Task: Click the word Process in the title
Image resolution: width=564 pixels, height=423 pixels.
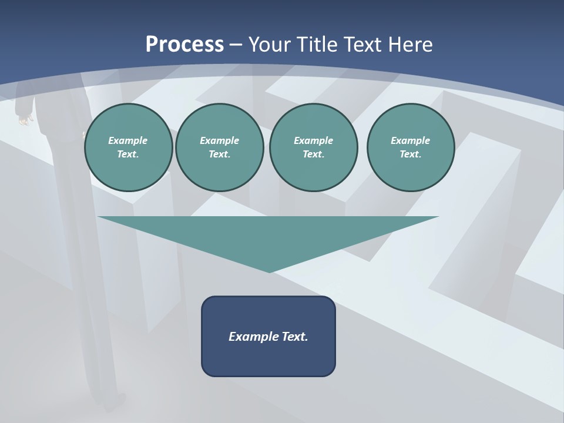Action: coord(184,45)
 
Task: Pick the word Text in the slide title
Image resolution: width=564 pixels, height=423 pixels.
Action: coord(363,45)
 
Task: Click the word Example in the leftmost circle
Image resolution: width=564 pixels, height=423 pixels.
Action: coord(128,140)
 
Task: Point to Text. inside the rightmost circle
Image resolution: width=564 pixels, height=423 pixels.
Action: coord(411,155)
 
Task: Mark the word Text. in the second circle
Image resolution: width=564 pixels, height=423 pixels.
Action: coord(219,155)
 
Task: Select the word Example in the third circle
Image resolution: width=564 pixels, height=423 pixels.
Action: coord(313,140)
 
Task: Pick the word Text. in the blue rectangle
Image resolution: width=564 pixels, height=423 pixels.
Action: coord(294,337)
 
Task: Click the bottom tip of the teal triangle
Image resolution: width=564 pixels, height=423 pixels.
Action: coord(269,271)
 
